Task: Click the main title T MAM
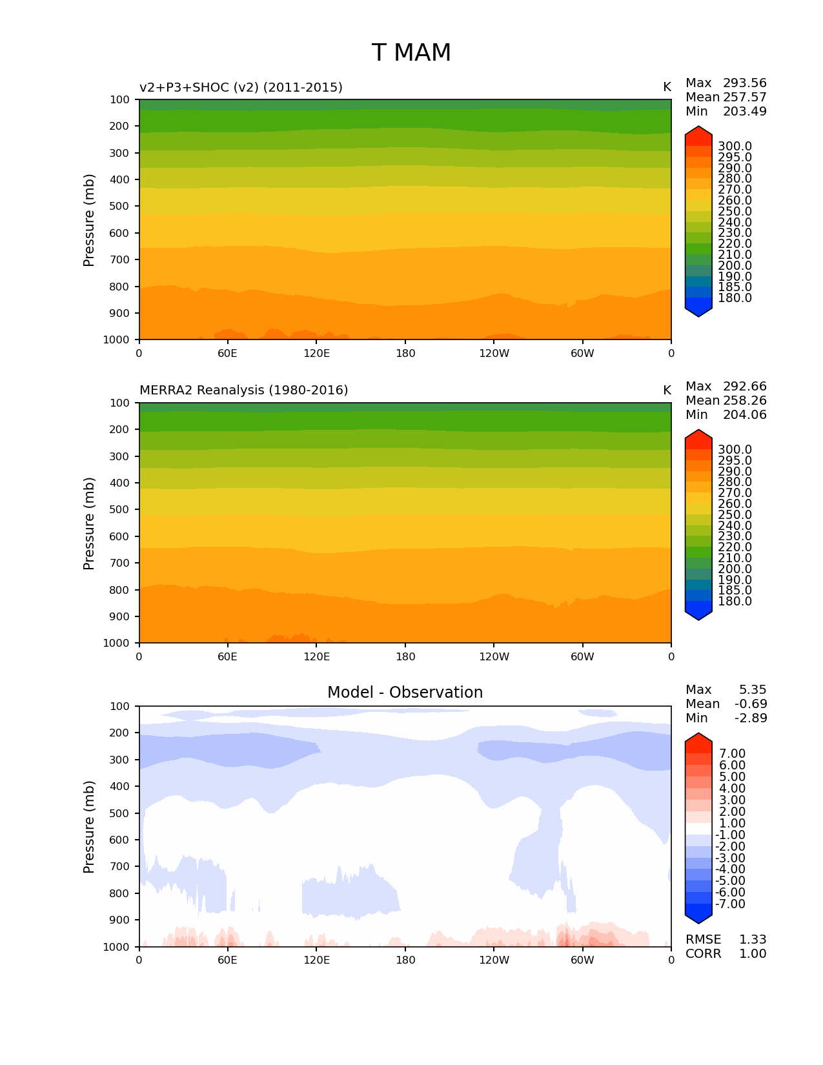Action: point(411,53)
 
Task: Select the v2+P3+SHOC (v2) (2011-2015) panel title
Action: point(241,87)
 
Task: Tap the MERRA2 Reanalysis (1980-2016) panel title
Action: point(243,390)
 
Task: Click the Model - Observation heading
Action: point(405,693)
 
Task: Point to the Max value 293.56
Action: point(744,83)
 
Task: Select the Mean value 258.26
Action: point(744,400)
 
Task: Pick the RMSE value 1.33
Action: point(753,939)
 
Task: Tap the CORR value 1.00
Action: point(753,953)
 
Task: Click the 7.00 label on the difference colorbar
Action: point(732,754)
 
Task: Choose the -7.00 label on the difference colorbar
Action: point(730,904)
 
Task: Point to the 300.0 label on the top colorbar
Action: point(735,147)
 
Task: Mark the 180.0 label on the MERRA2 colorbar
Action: point(735,601)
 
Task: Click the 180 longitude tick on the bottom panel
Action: point(405,960)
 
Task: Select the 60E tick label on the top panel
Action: point(227,353)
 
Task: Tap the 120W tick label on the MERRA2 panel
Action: point(494,656)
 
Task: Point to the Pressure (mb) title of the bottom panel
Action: point(89,826)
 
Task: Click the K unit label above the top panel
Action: point(667,87)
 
